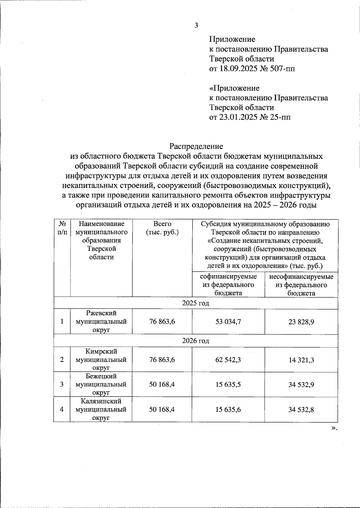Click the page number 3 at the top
click(x=196, y=26)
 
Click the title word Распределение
click(x=196, y=146)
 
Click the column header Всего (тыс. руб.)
click(x=162, y=228)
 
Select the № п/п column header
click(x=62, y=228)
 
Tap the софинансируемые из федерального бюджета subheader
click(x=228, y=284)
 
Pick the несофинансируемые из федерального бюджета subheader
click(x=301, y=284)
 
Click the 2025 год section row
click(x=196, y=303)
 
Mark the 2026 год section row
click(x=196, y=341)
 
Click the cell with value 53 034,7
click(x=228, y=322)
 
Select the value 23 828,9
click(x=301, y=322)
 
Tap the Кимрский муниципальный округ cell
click(x=101, y=359)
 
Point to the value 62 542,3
click(x=228, y=360)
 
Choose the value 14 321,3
click(x=301, y=360)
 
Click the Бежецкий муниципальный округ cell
click(x=101, y=384)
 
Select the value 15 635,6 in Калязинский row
click(x=228, y=409)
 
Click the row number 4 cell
click(x=62, y=409)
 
